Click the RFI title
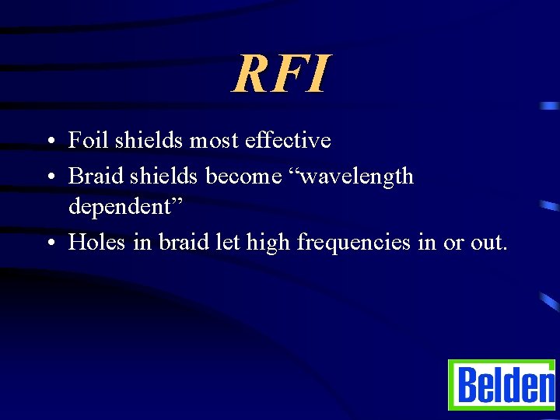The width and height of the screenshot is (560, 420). click(281, 74)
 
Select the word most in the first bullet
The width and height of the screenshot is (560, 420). click(213, 141)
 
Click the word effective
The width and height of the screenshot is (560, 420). click(288, 141)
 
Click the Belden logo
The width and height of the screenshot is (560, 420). click(502, 384)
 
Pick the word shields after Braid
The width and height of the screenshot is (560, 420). click(164, 177)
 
